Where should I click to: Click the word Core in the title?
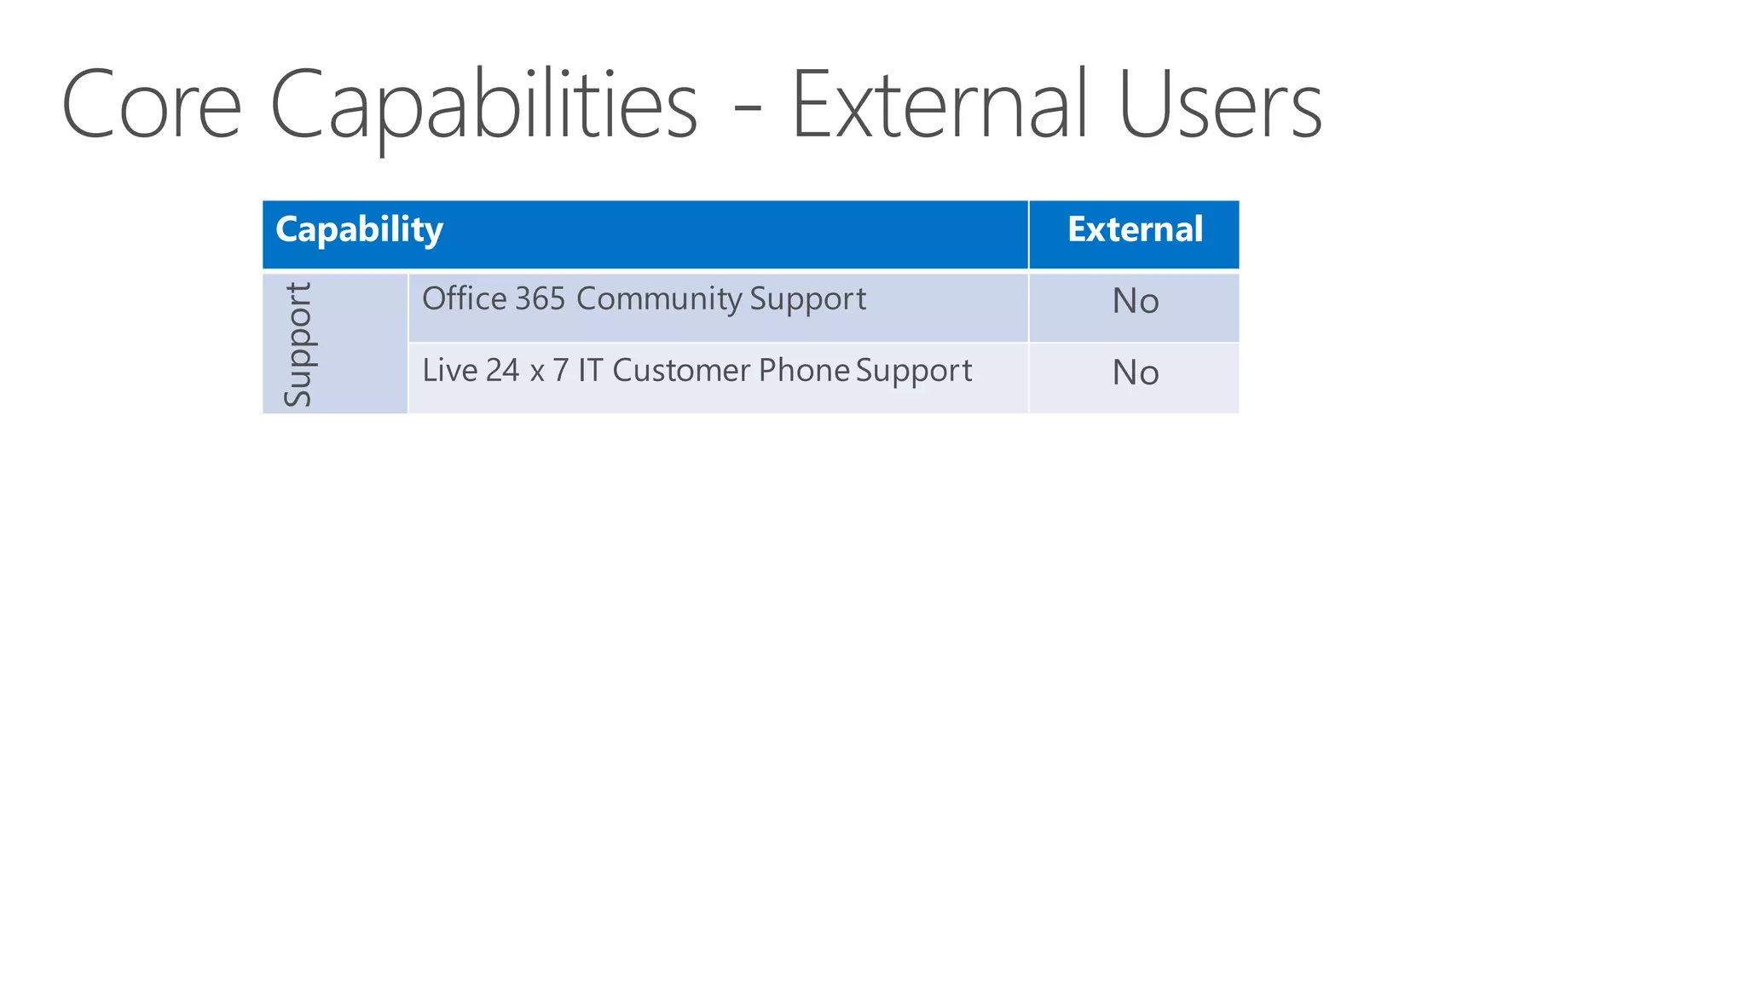coord(152,106)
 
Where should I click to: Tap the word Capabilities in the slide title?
coord(483,106)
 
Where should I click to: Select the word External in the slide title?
coord(939,106)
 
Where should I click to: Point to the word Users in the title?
coord(1220,106)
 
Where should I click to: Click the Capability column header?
coord(359,230)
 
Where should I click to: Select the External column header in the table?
coord(1135,229)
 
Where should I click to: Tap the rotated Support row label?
coord(298,344)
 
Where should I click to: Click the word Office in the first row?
coord(464,299)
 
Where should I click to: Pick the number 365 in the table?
coord(540,299)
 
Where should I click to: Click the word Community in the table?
coord(659,299)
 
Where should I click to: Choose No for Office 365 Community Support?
coord(1135,301)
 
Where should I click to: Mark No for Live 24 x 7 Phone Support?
coord(1135,373)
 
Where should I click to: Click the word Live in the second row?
coord(449,371)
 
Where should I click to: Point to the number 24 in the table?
coord(502,371)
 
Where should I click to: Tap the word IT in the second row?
coord(590,371)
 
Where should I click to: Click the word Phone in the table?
coord(804,371)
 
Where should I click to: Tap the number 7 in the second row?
coord(560,371)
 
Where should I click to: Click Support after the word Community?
coord(807,299)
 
